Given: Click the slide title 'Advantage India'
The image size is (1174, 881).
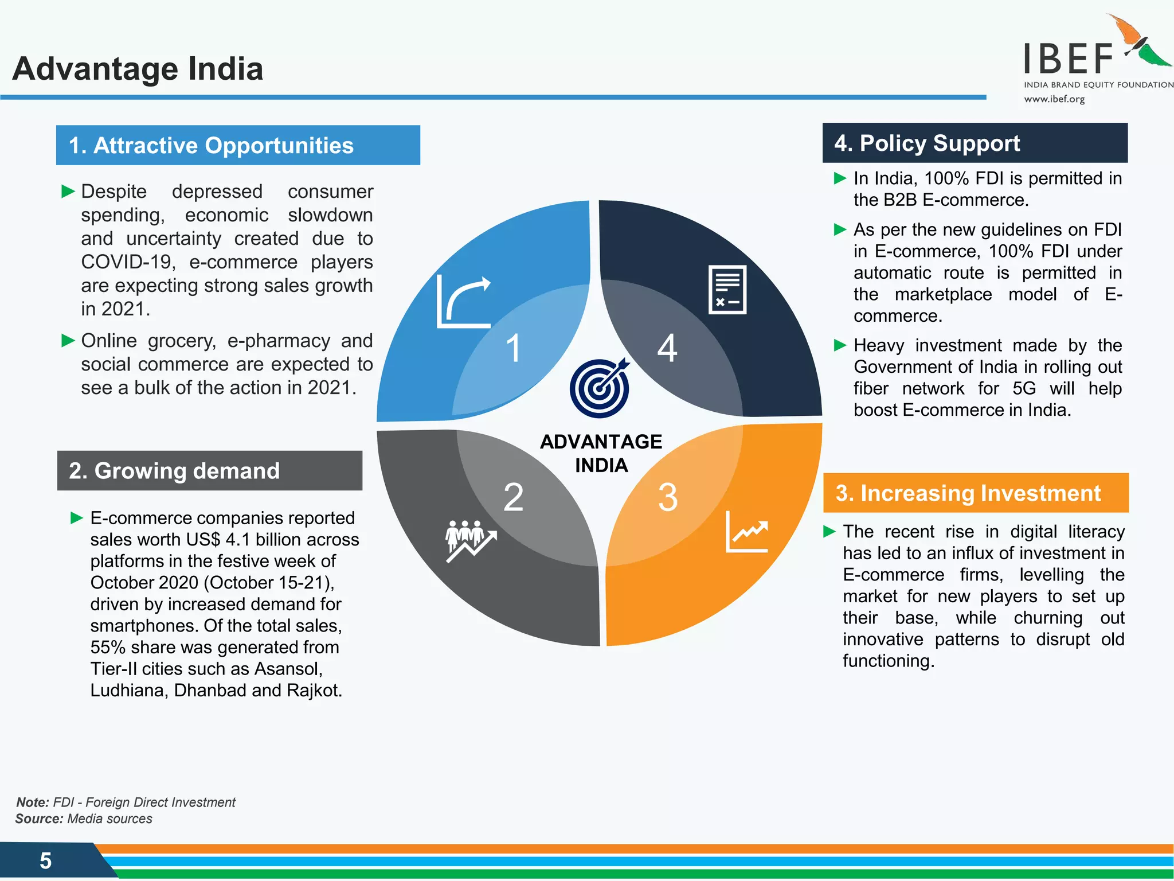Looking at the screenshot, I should (138, 69).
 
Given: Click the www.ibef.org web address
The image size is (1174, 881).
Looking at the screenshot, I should (1054, 99).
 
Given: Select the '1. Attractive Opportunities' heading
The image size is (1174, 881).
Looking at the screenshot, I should (211, 146).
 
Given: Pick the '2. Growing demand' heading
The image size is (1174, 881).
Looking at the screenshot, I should (174, 471).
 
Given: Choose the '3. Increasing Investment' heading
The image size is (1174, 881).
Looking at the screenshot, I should (968, 493).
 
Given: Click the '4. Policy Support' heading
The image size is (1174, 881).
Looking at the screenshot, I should (927, 143).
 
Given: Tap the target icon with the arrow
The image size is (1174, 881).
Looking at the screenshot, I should (600, 388).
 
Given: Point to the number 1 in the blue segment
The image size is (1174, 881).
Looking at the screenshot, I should (514, 348).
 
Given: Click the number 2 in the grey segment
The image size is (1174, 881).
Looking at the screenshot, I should (514, 497).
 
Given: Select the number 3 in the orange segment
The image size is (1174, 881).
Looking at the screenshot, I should (668, 497).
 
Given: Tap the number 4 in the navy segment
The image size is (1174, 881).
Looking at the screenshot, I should (667, 348).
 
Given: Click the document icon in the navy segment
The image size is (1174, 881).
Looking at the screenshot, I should (727, 290).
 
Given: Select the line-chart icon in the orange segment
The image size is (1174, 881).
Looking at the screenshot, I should (747, 532).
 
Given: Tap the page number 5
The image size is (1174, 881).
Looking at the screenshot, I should (46, 861).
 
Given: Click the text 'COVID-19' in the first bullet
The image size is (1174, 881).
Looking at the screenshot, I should (126, 262).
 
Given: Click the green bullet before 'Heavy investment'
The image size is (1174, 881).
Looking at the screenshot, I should (840, 345).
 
